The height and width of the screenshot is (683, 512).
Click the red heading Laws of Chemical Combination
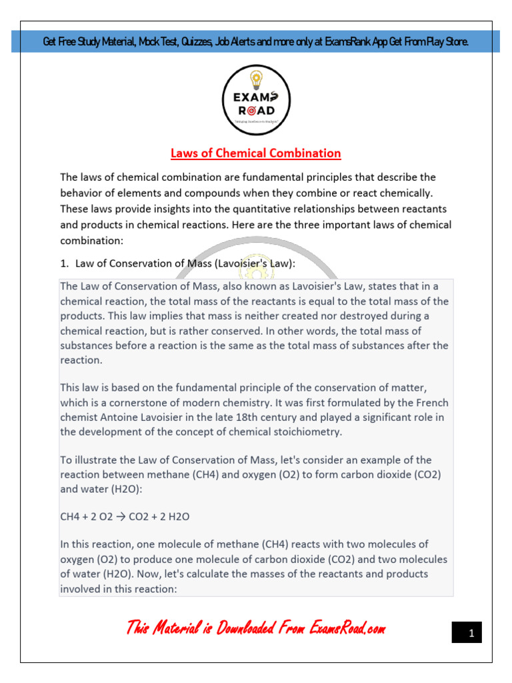click(256, 153)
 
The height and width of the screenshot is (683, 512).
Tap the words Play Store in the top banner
click(445, 42)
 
